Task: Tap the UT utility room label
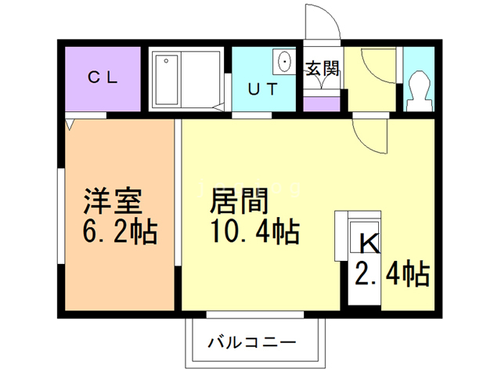(262, 88)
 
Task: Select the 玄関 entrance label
(322, 69)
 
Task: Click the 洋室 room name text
(113, 201)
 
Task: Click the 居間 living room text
(239, 201)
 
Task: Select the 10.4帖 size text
(251, 233)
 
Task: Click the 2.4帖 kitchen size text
(391, 274)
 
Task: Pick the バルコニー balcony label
(252, 342)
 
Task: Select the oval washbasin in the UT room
(283, 61)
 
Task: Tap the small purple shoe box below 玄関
(321, 103)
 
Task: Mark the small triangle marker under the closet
(71, 124)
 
